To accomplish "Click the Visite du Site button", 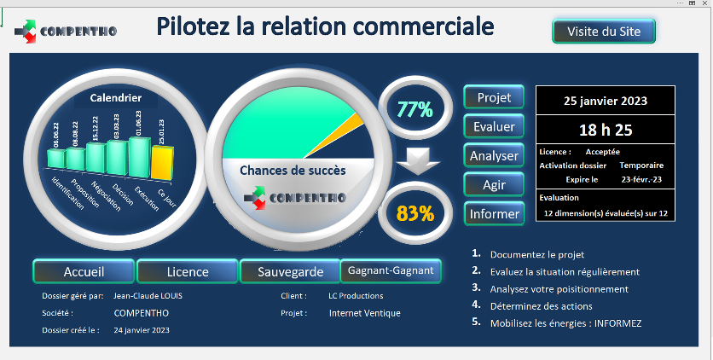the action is pos(604,31).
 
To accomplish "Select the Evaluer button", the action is pos(494,126).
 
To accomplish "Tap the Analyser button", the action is pos(494,155).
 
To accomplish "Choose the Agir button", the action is pos(494,184).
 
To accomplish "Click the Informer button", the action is pos(494,213).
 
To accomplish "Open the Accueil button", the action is pos(84,271).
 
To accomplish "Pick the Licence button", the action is pos(188,271).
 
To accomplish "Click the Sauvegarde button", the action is pos(290,271).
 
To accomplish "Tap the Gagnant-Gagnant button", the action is pos(391,270).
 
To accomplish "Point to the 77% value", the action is pos(414,109).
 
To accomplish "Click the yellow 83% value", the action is pos(414,213).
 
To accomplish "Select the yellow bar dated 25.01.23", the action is pos(162,163).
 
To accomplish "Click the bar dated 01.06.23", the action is pos(140,157).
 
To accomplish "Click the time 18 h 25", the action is pos(606,130).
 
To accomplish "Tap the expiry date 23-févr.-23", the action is pos(641,179).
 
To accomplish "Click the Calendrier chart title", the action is pos(115,98).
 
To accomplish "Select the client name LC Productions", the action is pos(356,296).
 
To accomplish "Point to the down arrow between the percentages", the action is pos(418,161).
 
